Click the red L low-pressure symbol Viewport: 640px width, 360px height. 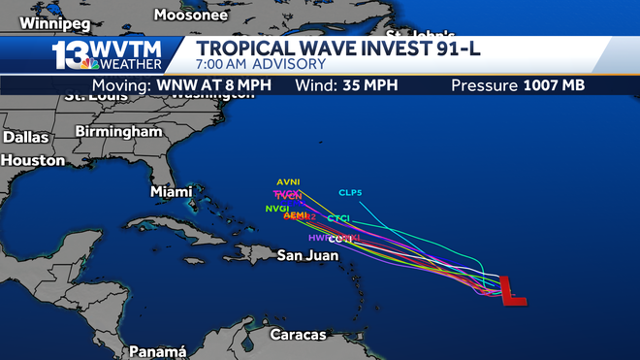513,290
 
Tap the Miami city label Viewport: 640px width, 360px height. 171,192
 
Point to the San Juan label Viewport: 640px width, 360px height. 307,256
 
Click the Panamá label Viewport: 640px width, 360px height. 157,351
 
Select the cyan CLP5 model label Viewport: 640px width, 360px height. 350,192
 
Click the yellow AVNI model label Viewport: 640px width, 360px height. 288,181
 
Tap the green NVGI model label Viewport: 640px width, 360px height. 276,208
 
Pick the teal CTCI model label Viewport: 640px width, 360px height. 337,217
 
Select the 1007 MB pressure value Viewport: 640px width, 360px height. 554,85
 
